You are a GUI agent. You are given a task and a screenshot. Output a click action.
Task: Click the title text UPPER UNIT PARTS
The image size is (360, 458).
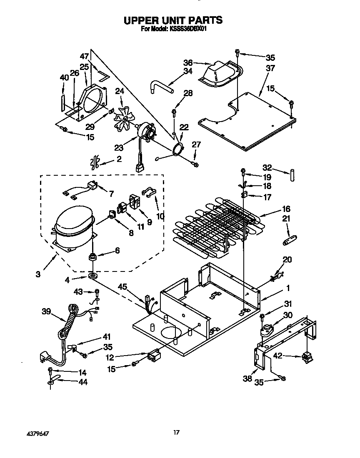click(173, 20)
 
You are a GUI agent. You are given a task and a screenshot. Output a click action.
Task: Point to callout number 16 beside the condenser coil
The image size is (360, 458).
click(286, 209)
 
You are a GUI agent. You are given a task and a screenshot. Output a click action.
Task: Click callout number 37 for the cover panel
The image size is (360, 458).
click(270, 68)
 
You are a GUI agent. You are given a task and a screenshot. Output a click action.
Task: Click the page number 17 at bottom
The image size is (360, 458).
click(176, 433)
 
